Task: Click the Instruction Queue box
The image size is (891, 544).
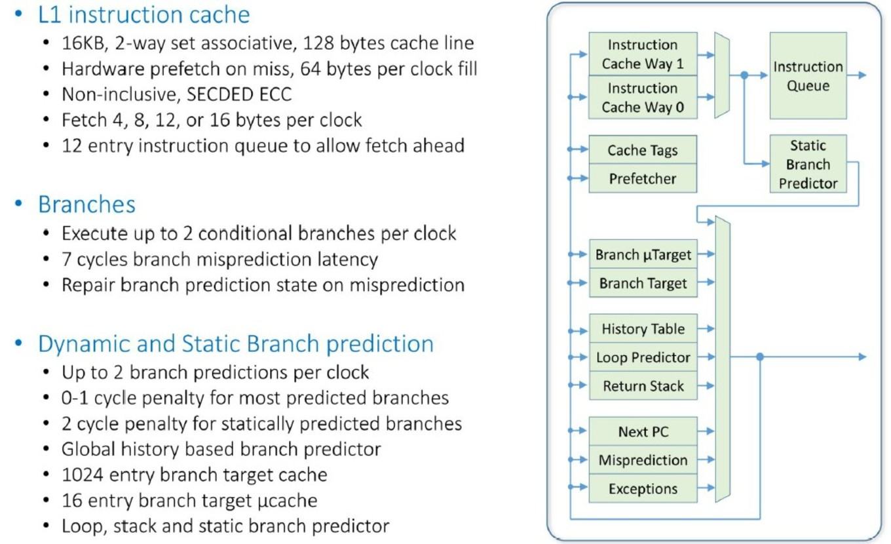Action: (x=808, y=75)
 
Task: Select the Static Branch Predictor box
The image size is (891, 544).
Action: (x=808, y=164)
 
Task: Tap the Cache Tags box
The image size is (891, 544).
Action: (x=643, y=149)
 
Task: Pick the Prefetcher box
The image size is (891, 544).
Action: (x=643, y=178)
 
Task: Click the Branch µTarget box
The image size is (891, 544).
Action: (x=643, y=254)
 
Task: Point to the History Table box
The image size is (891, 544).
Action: (x=643, y=328)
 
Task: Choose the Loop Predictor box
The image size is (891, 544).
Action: (x=643, y=357)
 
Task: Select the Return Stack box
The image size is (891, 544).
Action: (x=643, y=385)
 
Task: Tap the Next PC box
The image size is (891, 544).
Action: (x=643, y=431)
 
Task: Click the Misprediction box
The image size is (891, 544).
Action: (x=643, y=459)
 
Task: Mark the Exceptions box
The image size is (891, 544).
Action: (x=643, y=488)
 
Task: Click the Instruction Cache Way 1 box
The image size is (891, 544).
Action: (x=643, y=54)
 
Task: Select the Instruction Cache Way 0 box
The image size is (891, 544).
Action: (x=643, y=97)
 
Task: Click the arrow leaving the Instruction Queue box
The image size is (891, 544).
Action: (x=856, y=75)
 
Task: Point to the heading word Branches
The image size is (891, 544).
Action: (x=86, y=204)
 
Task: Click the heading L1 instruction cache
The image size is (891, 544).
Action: (x=143, y=14)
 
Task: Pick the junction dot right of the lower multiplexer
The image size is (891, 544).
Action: (x=760, y=357)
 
